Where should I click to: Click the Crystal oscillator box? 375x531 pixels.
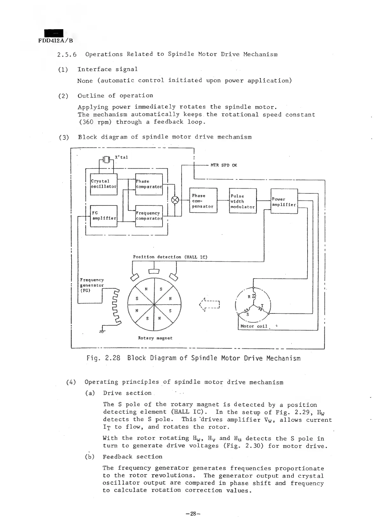coord(104,184)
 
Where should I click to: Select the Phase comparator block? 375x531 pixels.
coord(149,184)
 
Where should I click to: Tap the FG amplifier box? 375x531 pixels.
coord(104,216)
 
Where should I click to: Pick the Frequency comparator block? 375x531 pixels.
coord(149,216)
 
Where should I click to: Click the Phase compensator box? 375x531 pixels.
coord(203,201)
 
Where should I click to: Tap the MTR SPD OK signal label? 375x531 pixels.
coord(224,165)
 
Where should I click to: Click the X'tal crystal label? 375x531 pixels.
coord(121,157)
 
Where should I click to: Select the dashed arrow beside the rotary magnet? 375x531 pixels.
coord(210,304)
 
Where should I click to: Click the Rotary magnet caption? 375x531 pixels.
coord(155,338)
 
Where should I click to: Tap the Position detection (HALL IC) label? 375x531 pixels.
coord(170,257)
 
